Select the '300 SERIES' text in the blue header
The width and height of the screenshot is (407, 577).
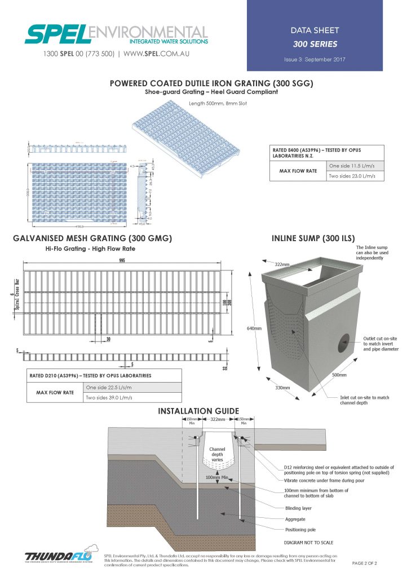coord(315,44)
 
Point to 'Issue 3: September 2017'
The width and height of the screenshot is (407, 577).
coord(315,59)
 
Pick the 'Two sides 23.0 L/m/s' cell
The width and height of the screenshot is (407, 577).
coord(352,176)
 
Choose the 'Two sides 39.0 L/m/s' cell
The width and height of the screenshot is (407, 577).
coord(111,398)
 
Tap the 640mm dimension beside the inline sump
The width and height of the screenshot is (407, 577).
coord(254,329)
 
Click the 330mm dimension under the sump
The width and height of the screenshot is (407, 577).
coord(281,388)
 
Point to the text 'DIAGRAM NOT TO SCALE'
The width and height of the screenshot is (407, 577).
coord(309,543)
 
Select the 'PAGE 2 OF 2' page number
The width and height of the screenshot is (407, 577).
coord(364,563)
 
